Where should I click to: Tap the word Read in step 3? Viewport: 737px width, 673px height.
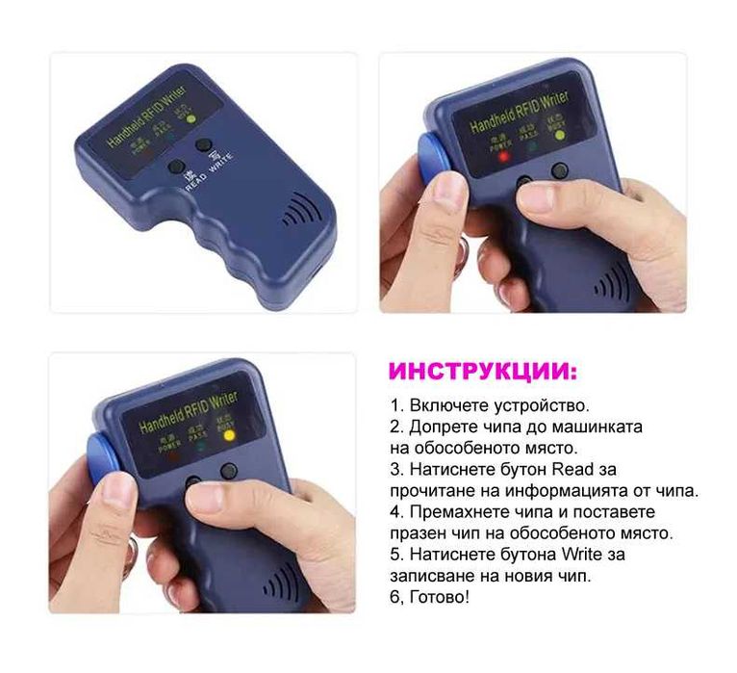(x=571, y=469)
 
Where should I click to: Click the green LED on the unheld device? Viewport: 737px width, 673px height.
(x=191, y=119)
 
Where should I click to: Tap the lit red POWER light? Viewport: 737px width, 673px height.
(x=503, y=156)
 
